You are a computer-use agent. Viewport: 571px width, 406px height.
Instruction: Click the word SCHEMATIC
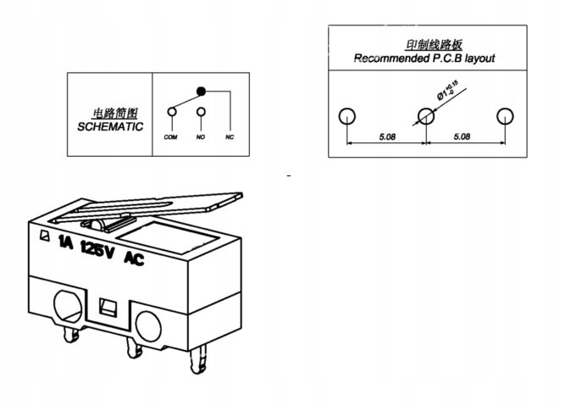pyautogui.click(x=110, y=126)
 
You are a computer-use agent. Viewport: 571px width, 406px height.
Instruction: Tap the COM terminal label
pyautogui.click(x=170, y=137)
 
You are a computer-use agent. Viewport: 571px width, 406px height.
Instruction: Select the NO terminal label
pyautogui.click(x=202, y=137)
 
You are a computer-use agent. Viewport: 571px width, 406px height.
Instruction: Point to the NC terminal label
pyautogui.click(x=230, y=137)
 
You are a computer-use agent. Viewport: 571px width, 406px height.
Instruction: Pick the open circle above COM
pyautogui.click(x=171, y=111)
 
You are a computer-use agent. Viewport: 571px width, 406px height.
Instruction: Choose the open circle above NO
pyautogui.click(x=202, y=111)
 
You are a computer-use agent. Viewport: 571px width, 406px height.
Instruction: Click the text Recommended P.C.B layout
pyautogui.click(x=424, y=58)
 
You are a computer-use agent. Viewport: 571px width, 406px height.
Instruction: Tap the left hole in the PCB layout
pyautogui.click(x=346, y=116)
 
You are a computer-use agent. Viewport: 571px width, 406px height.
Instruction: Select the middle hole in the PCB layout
pyautogui.click(x=426, y=116)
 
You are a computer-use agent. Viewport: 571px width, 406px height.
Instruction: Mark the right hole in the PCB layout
pyautogui.click(x=505, y=116)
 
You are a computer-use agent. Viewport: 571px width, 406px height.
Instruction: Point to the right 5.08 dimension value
pyautogui.click(x=463, y=136)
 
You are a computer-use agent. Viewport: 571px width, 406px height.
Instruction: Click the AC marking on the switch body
pyautogui.click(x=134, y=259)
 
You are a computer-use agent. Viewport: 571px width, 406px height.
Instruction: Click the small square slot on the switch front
pyautogui.click(x=106, y=308)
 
